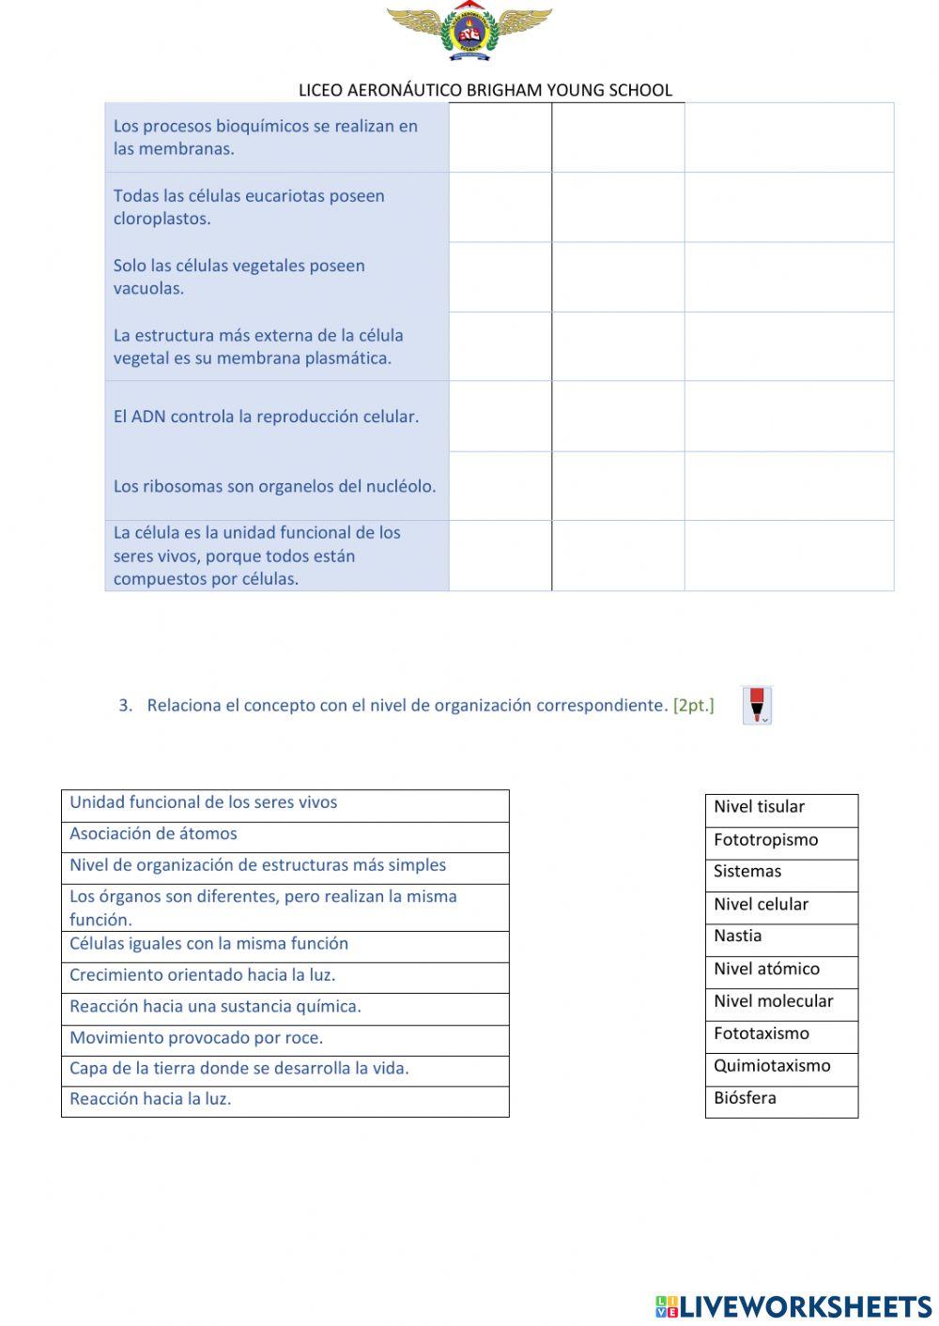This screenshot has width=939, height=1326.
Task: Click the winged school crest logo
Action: [x=469, y=34]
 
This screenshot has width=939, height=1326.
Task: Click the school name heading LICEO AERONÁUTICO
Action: [x=485, y=90]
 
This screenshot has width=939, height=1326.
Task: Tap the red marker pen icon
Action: [x=757, y=705]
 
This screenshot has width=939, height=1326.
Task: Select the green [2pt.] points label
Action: [x=693, y=705]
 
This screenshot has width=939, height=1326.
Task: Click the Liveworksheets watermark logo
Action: [x=793, y=1305]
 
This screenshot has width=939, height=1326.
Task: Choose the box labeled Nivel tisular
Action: [x=781, y=808]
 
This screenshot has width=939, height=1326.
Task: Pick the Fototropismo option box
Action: [x=781, y=841]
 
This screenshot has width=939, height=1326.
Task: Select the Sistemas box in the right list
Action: [x=781, y=873]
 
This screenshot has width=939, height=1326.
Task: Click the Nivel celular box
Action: [x=781, y=906]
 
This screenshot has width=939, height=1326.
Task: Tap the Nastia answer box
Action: [x=781, y=937]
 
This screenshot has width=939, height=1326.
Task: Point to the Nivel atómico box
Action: [x=781, y=970]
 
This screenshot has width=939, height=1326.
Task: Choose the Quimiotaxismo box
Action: [x=781, y=1067]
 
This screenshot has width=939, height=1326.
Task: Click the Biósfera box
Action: [x=781, y=1100]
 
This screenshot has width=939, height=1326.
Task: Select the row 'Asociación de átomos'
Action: [x=285, y=835]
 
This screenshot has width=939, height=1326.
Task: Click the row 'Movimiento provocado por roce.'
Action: [x=285, y=1039]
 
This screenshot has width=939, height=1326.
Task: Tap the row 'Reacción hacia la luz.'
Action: [x=285, y=1100]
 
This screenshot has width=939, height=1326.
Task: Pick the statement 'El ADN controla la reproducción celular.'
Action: [x=267, y=417]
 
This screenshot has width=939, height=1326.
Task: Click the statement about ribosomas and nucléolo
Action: [x=274, y=486]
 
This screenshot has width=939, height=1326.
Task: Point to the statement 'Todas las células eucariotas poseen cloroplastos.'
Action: [x=250, y=207]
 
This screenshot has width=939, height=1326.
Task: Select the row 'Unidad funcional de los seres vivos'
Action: [x=285, y=804]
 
